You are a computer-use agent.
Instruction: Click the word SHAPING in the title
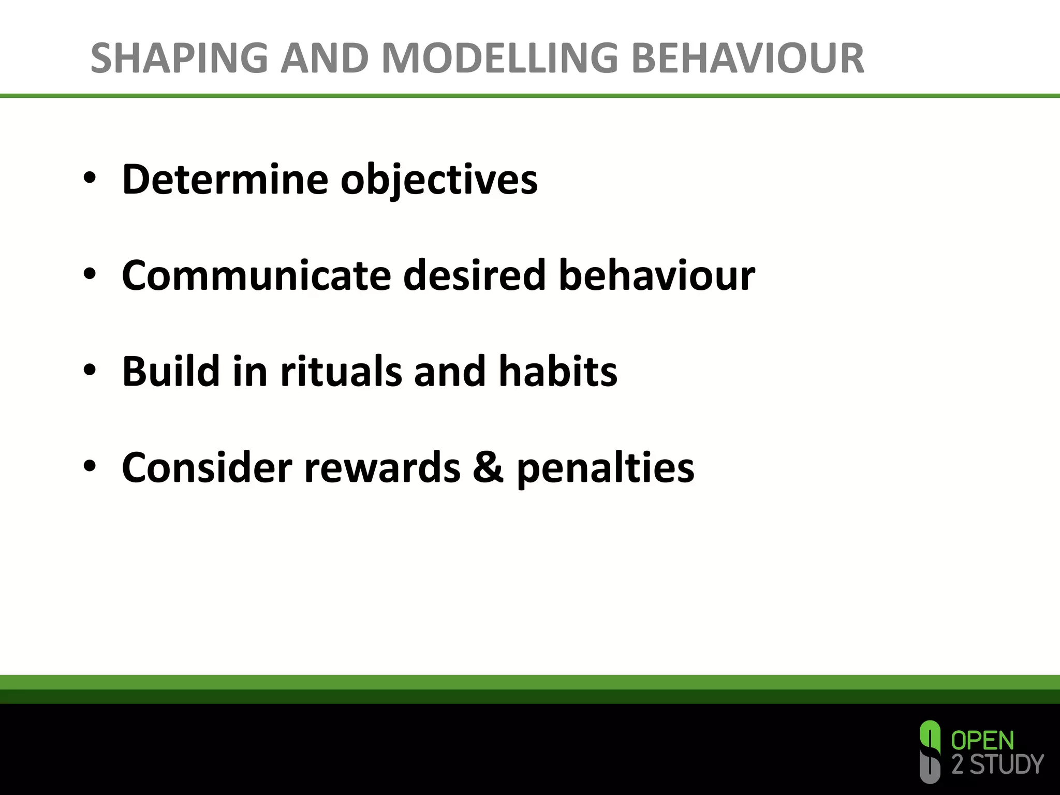pos(179,58)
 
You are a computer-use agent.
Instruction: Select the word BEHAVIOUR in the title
pos(747,58)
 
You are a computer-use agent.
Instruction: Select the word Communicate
pos(256,275)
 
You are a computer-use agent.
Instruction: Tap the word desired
pos(474,275)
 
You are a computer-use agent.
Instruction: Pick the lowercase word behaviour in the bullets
pos(656,275)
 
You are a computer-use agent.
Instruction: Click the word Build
pos(171,371)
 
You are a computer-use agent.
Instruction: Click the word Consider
pos(207,467)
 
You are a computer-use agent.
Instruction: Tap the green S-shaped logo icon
pos(930,752)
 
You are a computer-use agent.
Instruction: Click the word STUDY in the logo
pos(1006,764)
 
